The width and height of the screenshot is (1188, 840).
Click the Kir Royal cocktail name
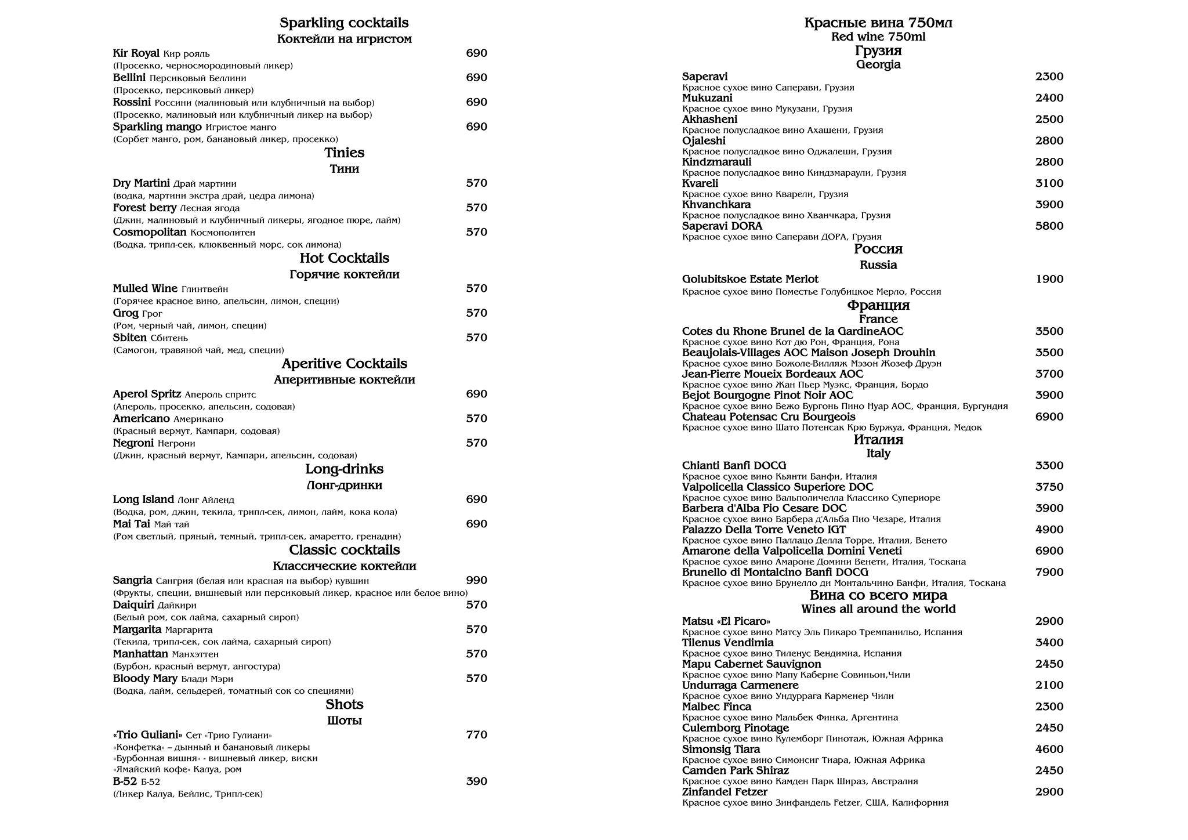pyautogui.click(x=136, y=53)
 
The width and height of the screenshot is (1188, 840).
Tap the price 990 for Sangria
pyautogui.click(x=476, y=580)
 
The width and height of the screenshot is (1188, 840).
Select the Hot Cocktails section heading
pyautogui.click(x=344, y=258)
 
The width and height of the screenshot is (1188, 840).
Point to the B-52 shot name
pyautogui.click(x=125, y=781)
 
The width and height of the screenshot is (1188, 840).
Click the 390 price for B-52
pyautogui.click(x=476, y=781)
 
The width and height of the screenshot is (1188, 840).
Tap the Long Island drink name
pyautogui.click(x=143, y=499)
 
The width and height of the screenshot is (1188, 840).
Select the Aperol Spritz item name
pyautogui.click(x=147, y=394)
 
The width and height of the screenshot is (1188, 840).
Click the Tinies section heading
pyautogui.click(x=344, y=153)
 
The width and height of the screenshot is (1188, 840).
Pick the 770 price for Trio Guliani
pyautogui.click(x=476, y=735)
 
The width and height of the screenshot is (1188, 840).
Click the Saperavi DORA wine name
pyautogui.click(x=722, y=226)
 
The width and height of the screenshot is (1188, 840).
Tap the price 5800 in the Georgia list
pyautogui.click(x=1049, y=226)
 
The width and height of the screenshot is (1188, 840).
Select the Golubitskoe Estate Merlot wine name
pyautogui.click(x=750, y=280)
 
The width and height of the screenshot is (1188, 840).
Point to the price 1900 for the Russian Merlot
pyautogui.click(x=1049, y=280)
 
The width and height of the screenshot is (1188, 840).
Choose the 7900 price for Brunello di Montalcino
pyautogui.click(x=1049, y=573)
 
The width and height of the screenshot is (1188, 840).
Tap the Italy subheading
pyautogui.click(x=878, y=454)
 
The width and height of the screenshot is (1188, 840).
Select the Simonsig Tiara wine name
pyautogui.click(x=720, y=750)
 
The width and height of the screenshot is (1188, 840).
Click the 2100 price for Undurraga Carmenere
pyautogui.click(x=1049, y=686)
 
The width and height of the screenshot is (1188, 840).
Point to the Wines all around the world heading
pyautogui.click(x=878, y=609)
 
